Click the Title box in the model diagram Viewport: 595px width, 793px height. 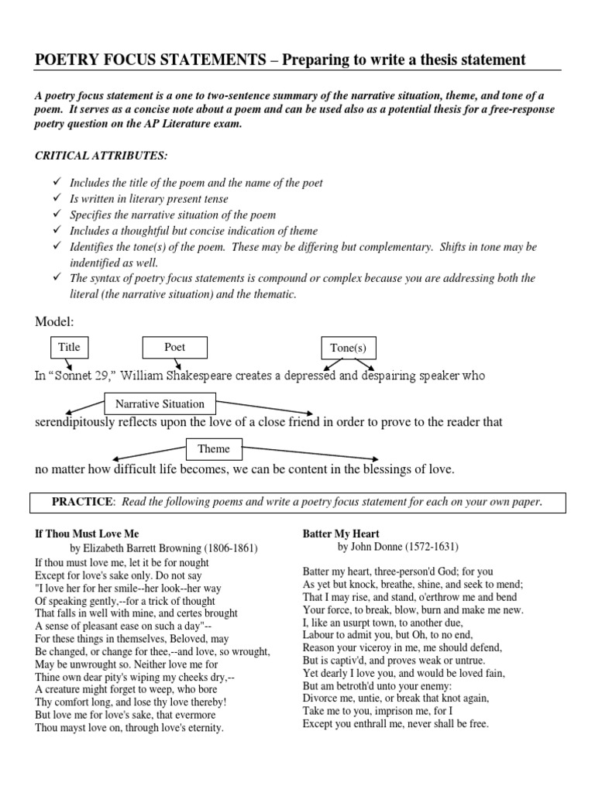click(69, 347)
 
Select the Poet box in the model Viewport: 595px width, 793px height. click(174, 347)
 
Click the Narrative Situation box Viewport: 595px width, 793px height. click(160, 403)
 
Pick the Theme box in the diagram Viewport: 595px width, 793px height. click(213, 448)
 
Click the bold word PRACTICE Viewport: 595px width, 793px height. click(81, 502)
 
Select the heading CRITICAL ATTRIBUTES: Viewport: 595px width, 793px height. click(101, 156)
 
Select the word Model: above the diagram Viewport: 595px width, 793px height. click(55, 321)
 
